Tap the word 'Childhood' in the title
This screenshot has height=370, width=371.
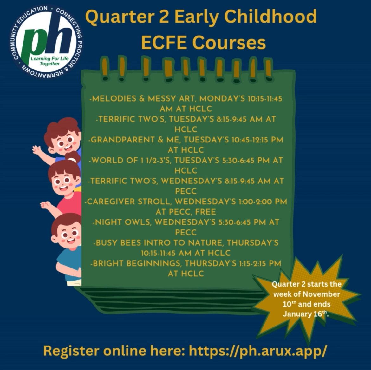tap(270, 17)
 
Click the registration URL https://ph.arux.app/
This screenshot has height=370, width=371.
tap(258, 351)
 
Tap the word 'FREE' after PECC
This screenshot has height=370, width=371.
tap(205, 212)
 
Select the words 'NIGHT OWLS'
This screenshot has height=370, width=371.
tap(123, 222)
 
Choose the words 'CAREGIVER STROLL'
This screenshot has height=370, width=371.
tap(129, 202)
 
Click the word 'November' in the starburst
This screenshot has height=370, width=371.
tap(321, 294)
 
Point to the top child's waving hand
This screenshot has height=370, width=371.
tap(37, 150)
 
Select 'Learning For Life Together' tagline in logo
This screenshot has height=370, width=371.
tap(49, 61)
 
